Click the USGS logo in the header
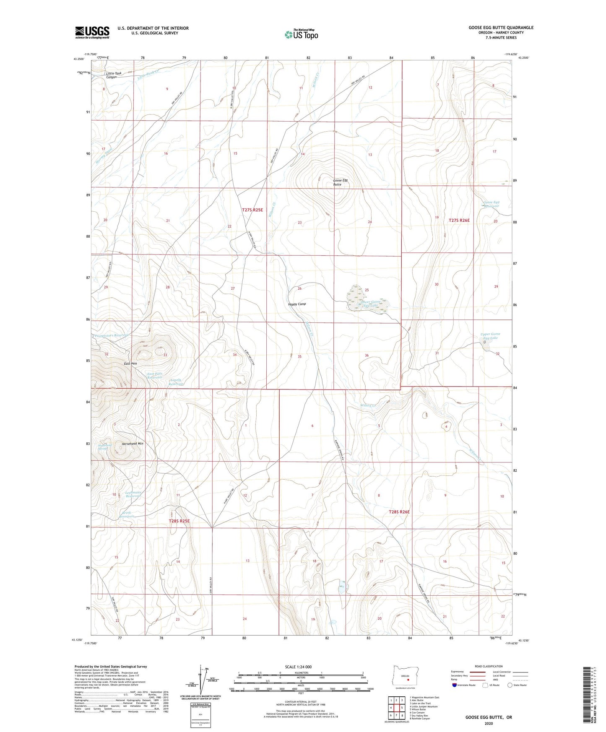point(92,32)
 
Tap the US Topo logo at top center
point(301,34)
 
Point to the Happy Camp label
point(297,304)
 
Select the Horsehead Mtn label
point(133,443)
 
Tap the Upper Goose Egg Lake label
point(490,336)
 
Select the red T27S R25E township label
point(252,209)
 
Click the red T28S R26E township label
point(399,512)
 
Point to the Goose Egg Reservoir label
point(491,204)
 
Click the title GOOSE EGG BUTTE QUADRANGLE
point(501,28)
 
